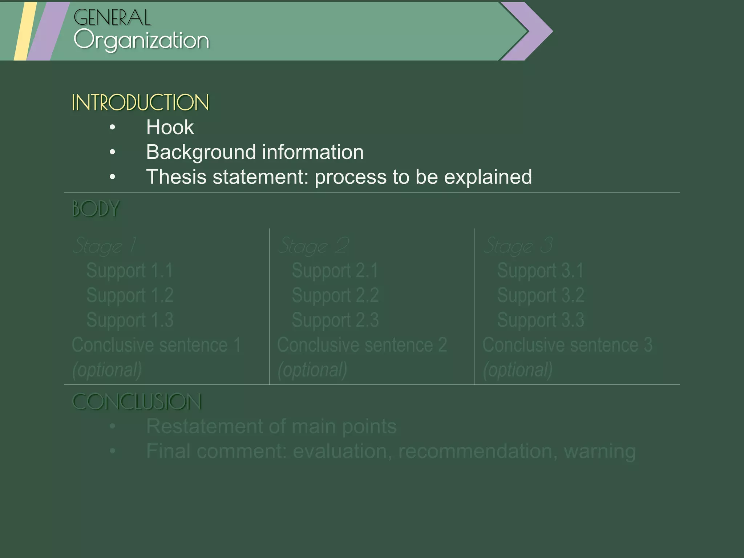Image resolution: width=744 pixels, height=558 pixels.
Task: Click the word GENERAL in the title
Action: pyautogui.click(x=112, y=17)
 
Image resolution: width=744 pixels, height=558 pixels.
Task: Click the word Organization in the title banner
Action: pyautogui.click(x=141, y=40)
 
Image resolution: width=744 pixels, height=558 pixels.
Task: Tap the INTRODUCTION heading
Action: pyautogui.click(x=140, y=102)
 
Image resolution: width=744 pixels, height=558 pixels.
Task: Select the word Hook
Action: pyautogui.click(x=170, y=128)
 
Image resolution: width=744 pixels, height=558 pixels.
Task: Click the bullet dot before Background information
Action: pyautogui.click(x=112, y=152)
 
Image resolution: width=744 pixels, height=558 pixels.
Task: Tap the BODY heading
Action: pyautogui.click(x=96, y=209)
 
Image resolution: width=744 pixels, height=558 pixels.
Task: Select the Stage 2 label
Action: pyautogui.click(x=313, y=246)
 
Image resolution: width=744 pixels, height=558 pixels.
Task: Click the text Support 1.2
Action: pyautogui.click(x=130, y=295)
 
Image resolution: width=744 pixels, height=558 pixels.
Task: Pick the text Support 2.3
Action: pyautogui.click(x=335, y=320)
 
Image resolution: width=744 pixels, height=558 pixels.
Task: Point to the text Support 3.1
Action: pyautogui.click(x=540, y=271)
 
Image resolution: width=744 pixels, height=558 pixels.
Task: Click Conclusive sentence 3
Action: pyautogui.click(x=567, y=345)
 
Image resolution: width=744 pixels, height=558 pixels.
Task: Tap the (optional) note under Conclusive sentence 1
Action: pyautogui.click(x=107, y=370)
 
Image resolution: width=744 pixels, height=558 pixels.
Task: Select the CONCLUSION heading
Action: pyautogui.click(x=137, y=402)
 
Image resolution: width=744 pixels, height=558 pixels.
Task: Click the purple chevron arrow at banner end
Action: pyautogui.click(x=534, y=31)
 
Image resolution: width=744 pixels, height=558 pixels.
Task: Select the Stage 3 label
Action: pyautogui.click(x=518, y=246)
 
